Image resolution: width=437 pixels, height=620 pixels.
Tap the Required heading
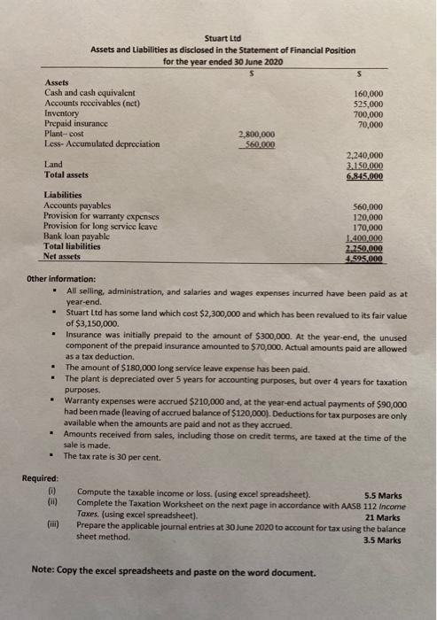point(42,479)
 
